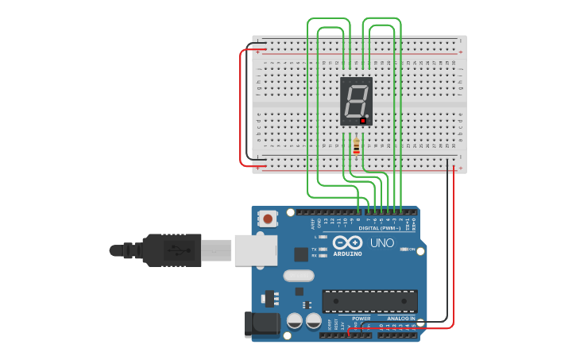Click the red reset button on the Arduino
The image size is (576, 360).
(268, 219)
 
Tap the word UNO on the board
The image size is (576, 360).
(382, 243)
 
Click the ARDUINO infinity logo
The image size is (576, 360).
(347, 243)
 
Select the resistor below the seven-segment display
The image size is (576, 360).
(356, 146)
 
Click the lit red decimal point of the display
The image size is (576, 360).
(363, 121)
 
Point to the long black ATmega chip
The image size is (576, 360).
(369, 301)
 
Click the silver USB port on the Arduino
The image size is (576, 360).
(256, 250)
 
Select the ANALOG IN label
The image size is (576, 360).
(398, 319)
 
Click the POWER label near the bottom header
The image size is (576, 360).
(361, 319)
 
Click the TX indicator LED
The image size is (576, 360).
(323, 250)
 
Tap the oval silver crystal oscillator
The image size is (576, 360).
(299, 276)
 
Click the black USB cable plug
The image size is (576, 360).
(167, 250)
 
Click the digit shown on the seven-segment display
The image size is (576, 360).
(355, 100)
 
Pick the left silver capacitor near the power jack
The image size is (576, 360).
(294, 321)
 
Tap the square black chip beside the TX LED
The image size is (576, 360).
(301, 254)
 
